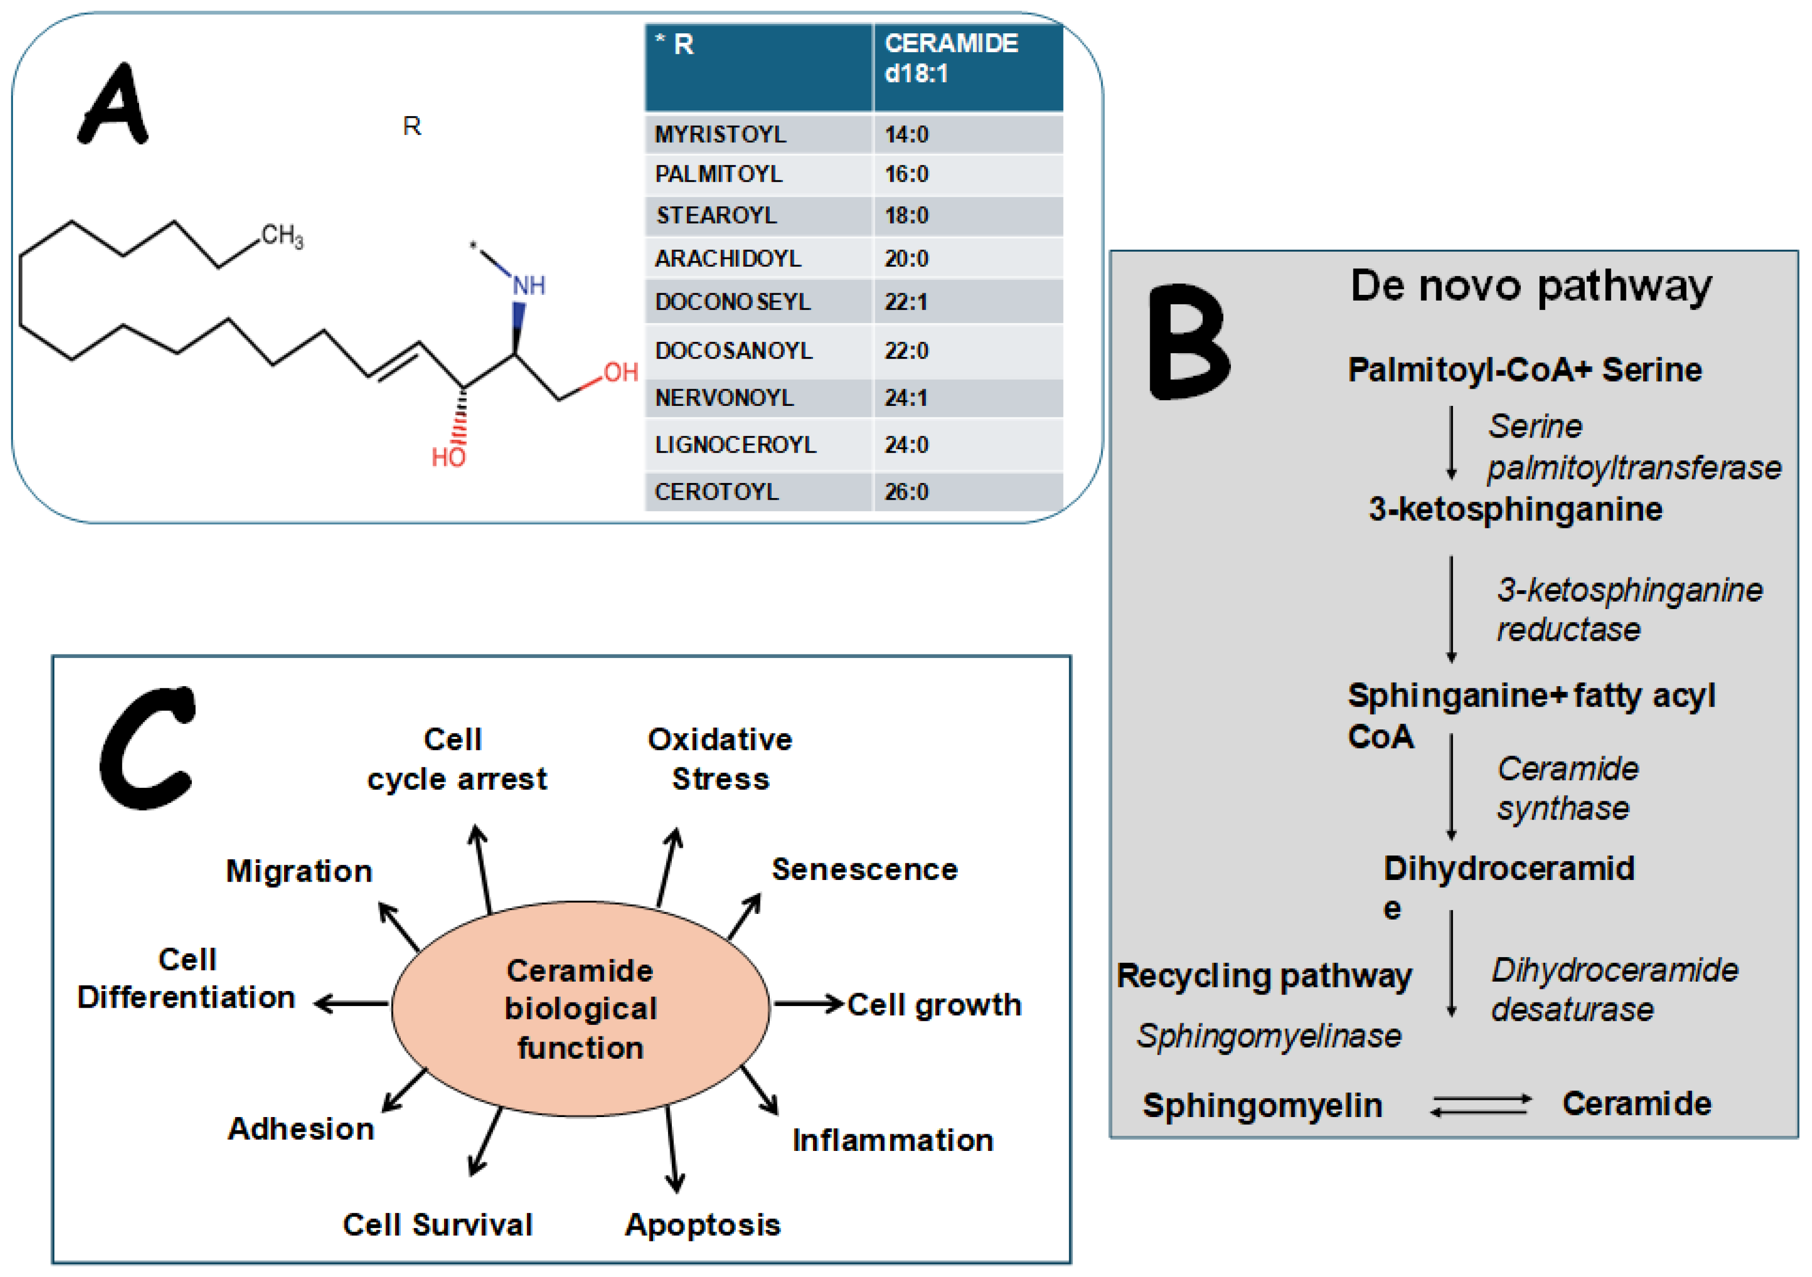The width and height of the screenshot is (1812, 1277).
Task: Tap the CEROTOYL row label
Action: click(x=716, y=492)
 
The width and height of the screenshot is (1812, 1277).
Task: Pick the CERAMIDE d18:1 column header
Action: click(x=951, y=58)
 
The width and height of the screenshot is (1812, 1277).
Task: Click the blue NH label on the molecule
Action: click(x=529, y=286)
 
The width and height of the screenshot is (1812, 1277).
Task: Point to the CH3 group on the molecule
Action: click(x=282, y=235)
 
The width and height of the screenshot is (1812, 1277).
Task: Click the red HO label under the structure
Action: click(x=448, y=457)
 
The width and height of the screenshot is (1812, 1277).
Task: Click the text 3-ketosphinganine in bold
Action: click(x=1515, y=509)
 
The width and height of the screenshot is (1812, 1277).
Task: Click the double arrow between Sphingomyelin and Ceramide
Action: click(x=1481, y=1104)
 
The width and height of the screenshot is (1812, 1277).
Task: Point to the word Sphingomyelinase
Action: click(x=1268, y=1035)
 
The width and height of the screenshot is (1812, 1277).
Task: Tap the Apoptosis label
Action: click(x=702, y=1225)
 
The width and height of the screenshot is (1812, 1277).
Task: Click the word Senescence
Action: click(x=864, y=869)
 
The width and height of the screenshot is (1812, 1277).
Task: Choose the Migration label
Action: click(x=299, y=871)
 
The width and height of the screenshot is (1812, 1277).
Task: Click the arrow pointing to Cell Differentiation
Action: click(x=351, y=1004)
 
